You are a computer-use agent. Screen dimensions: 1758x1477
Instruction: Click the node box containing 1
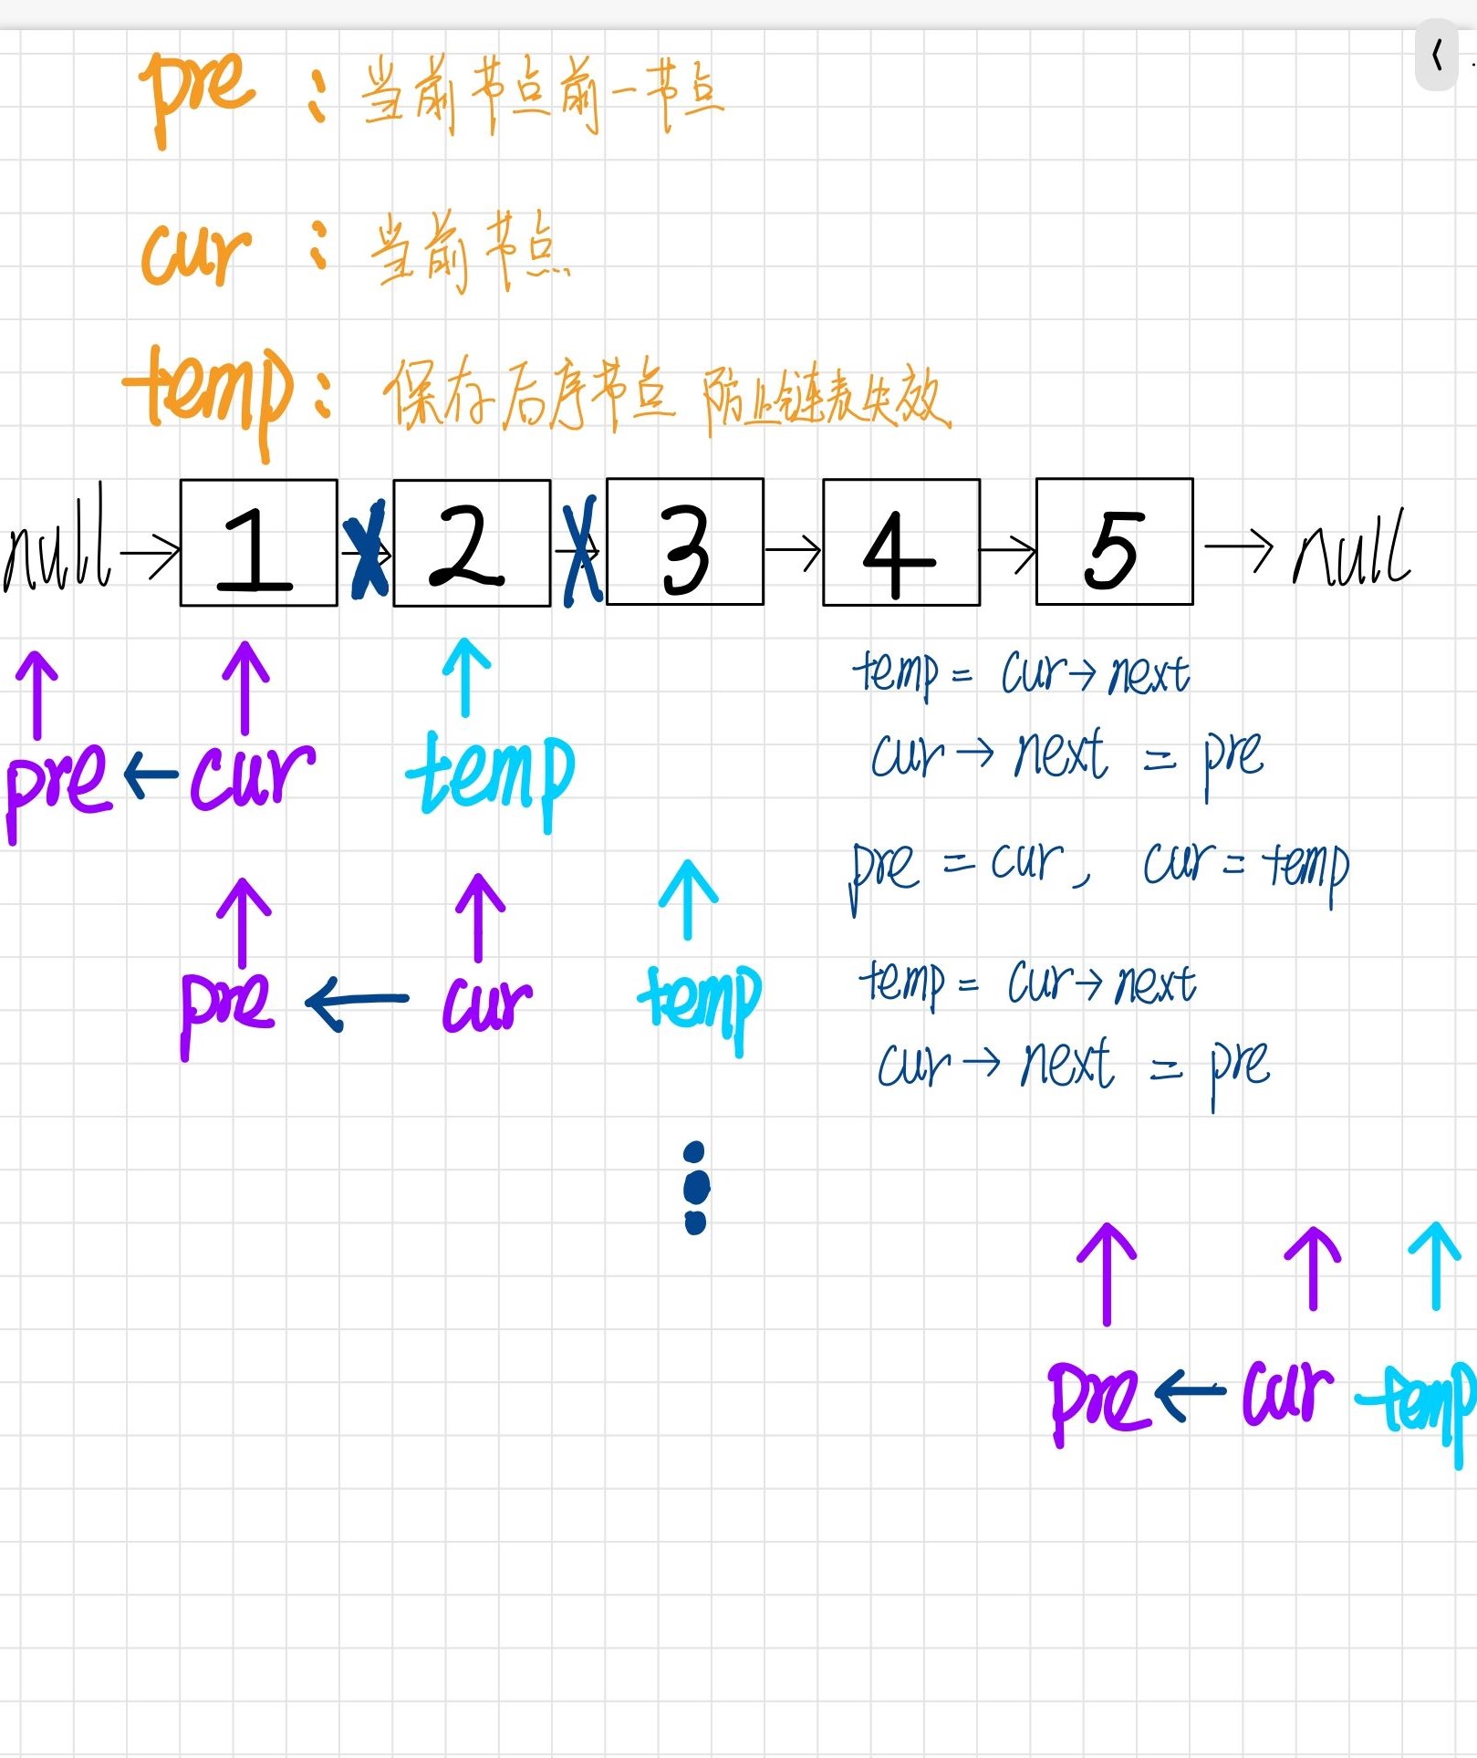pos(258,543)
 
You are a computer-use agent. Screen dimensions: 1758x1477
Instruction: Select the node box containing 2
pos(472,543)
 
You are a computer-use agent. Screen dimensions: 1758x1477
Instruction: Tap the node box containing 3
pos(684,542)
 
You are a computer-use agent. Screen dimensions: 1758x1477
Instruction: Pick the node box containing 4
pos(900,542)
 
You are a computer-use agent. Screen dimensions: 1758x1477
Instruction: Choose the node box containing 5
pos(1114,542)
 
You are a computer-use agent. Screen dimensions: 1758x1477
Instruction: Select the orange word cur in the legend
pos(194,251)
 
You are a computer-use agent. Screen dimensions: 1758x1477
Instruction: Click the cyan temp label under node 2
pos(490,775)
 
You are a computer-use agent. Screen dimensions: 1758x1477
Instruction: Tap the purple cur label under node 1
pos(251,775)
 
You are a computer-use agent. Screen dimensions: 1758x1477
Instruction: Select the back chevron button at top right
pos(1437,56)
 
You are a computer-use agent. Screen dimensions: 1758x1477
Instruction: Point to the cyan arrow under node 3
pos(688,899)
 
